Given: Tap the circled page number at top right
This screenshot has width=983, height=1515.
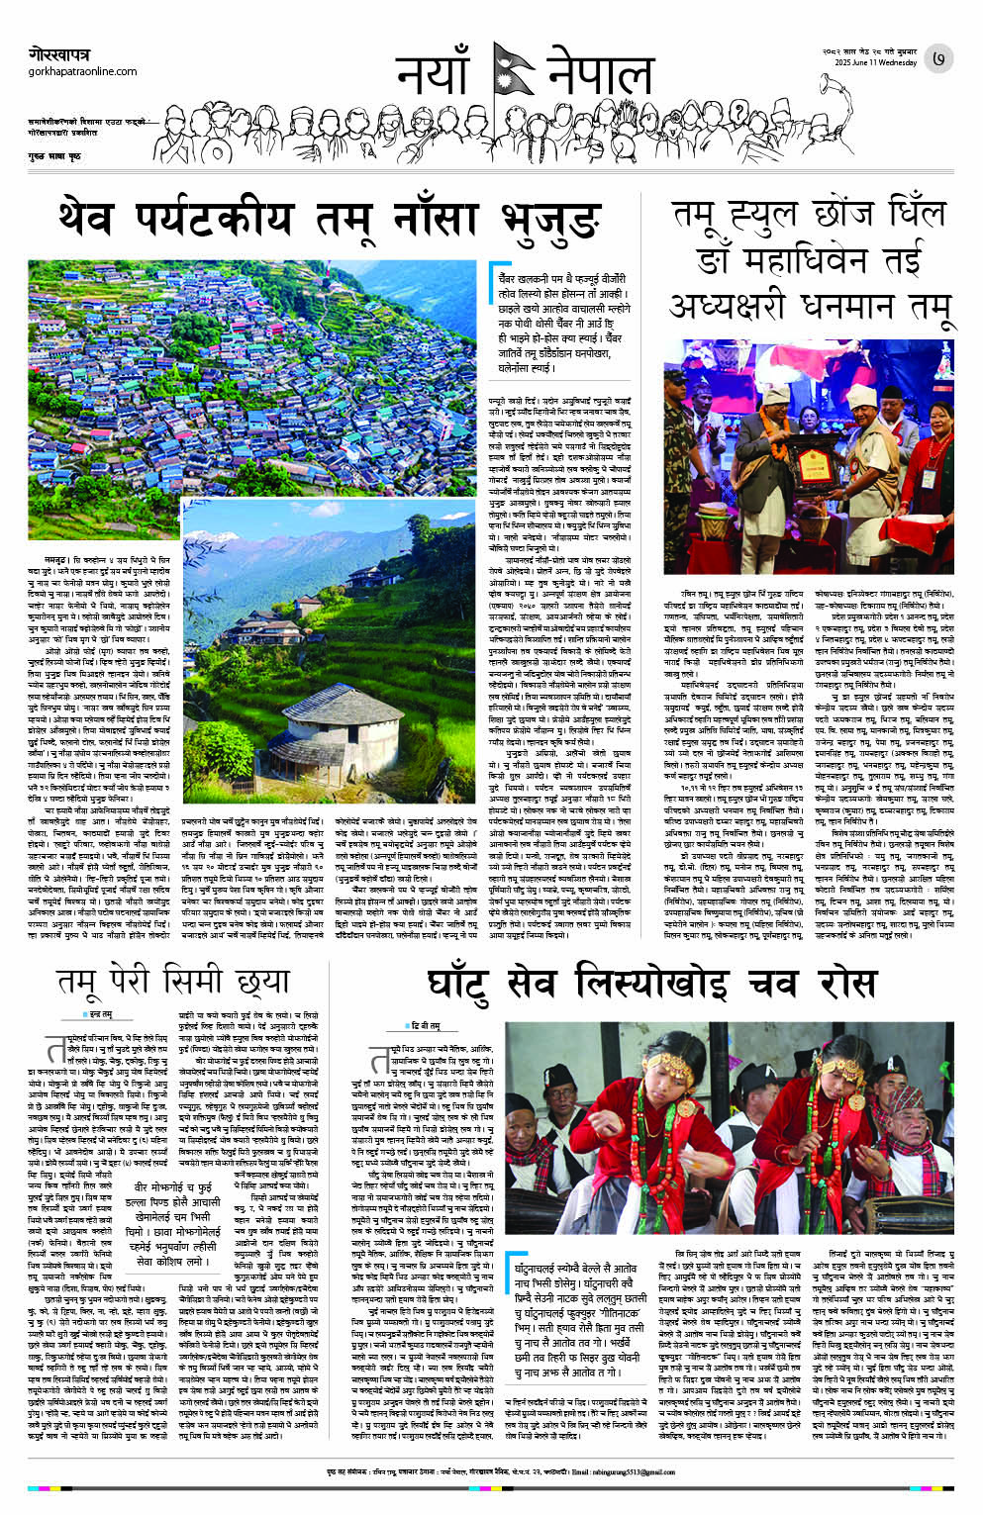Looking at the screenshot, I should (938, 60).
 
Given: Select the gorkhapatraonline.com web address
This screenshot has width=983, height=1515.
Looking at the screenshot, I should (83, 72).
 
